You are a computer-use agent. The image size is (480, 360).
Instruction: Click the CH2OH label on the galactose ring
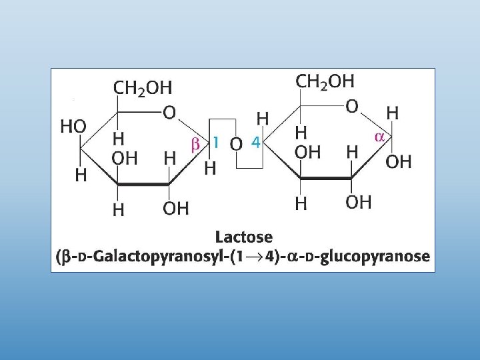coord(143,88)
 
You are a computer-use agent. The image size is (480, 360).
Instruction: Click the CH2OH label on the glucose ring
coord(325,81)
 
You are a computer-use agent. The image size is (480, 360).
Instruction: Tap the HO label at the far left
coord(73,127)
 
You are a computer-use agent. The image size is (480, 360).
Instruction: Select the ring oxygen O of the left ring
coord(170,114)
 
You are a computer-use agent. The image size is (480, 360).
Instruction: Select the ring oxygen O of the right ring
coord(353,106)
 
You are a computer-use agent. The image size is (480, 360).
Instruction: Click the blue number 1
coord(215,143)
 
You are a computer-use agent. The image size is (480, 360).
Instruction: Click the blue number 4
coord(255,142)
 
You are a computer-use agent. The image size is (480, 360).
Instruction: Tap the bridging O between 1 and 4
coord(235,143)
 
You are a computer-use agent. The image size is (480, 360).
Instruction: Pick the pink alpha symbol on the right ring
coord(379,137)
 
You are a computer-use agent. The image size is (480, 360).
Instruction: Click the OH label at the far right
coord(399,161)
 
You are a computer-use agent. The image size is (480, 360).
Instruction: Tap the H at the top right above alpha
coord(393,113)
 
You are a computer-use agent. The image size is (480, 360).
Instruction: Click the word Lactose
coord(244,237)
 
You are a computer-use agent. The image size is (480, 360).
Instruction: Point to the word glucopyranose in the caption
coord(374,257)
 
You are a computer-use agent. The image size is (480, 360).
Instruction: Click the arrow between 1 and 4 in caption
coord(274,257)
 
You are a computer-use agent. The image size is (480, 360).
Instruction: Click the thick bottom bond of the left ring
coord(144,185)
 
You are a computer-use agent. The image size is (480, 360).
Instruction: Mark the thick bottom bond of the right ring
coord(326,179)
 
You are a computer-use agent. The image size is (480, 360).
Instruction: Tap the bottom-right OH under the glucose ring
coord(358,203)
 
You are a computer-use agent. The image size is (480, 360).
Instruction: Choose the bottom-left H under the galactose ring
coord(119,209)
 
